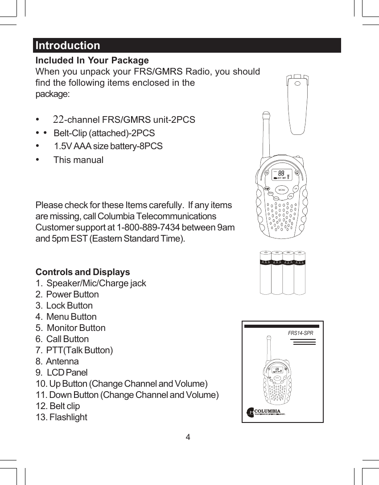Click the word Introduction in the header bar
[68, 46]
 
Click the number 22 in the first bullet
[58, 120]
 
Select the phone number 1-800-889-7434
[148, 227]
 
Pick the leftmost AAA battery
[265, 273]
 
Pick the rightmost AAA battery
[300, 273]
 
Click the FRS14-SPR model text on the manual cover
[301, 333]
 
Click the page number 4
[188, 437]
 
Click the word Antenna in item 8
[62, 361]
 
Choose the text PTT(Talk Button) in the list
[79, 350]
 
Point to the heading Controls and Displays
[82, 272]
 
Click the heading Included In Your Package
[92, 60]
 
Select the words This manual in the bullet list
[78, 160]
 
